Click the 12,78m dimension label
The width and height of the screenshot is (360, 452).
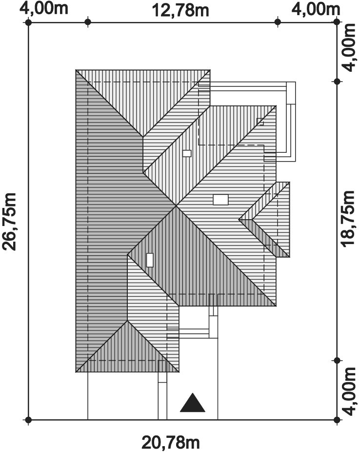click(180, 10)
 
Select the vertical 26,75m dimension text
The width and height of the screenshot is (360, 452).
click(9, 222)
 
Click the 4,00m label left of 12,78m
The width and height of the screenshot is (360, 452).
click(44, 8)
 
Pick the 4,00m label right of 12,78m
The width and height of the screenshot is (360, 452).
click(316, 9)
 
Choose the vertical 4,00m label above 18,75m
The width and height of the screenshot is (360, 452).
click(349, 47)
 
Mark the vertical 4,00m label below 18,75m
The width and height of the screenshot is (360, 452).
click(349, 391)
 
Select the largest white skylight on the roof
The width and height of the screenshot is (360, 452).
click(220, 200)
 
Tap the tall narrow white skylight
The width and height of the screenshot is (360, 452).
click(150, 260)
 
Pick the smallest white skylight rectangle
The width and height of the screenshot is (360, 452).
click(187, 153)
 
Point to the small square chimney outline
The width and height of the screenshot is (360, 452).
click(260, 122)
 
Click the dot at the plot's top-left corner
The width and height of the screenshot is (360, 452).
click(28, 22)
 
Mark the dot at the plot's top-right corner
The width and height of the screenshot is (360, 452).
click(337, 22)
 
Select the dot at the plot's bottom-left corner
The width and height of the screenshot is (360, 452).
click(28, 420)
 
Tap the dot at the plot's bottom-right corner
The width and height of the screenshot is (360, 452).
click(337, 420)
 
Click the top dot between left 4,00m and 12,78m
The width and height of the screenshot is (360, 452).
click(88, 22)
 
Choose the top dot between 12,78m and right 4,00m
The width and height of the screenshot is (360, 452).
click(278, 22)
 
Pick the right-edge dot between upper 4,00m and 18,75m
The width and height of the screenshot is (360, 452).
click(337, 82)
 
